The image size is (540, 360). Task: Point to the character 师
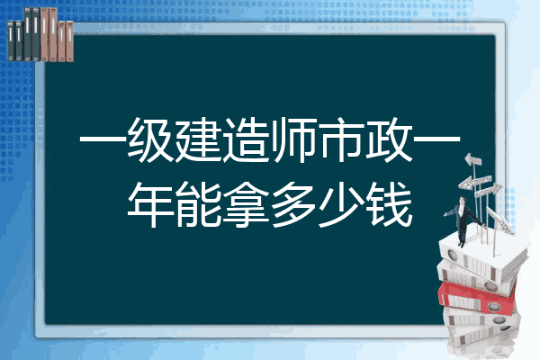(x=293, y=139)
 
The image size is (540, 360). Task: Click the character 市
(x=341, y=139)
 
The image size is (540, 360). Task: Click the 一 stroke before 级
(x=103, y=139)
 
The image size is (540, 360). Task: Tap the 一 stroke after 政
(x=436, y=139)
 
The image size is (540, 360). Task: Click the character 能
(x=198, y=204)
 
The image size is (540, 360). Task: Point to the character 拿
(x=246, y=204)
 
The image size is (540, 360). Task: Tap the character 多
(x=293, y=204)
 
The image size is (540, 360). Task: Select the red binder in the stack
(x=476, y=298)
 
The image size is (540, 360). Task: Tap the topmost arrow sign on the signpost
(x=473, y=160)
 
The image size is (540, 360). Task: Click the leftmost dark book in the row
(x=11, y=40)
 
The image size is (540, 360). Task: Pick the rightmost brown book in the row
(x=69, y=41)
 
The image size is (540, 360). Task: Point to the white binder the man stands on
(x=482, y=256)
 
